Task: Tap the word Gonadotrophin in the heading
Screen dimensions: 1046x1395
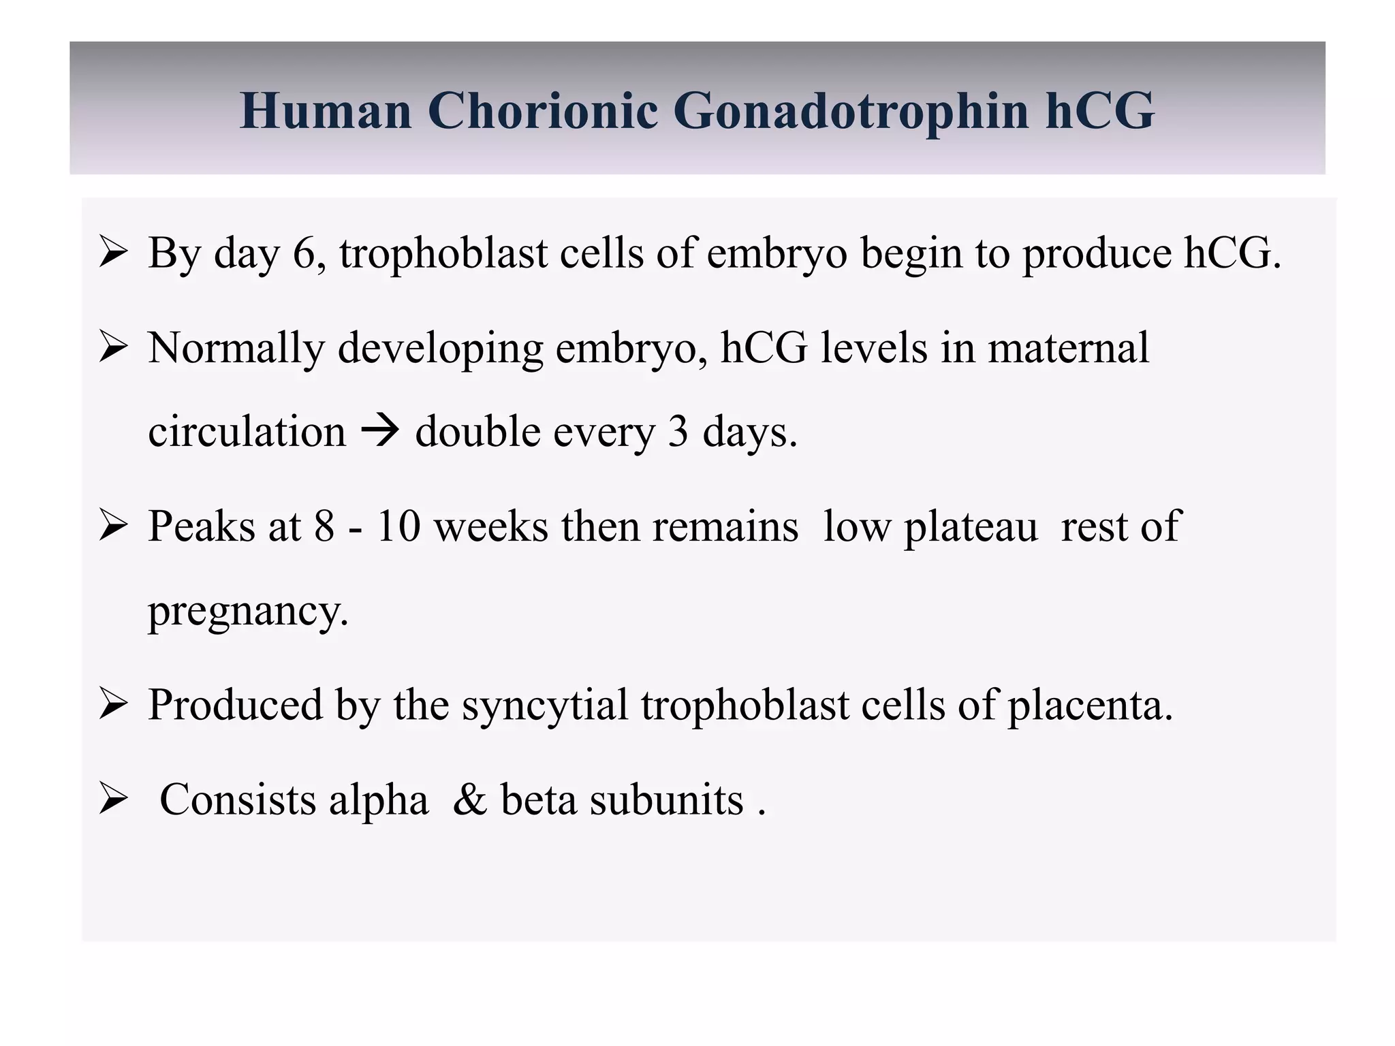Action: [851, 111]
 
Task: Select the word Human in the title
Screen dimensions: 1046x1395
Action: [326, 111]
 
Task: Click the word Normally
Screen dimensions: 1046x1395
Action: [236, 349]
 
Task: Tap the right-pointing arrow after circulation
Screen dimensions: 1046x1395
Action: [379, 432]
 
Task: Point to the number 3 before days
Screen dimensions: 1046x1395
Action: [677, 432]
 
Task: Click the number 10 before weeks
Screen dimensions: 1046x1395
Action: [398, 526]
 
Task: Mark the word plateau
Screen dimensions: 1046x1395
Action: [971, 528]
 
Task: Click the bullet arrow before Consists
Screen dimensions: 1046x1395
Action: [113, 799]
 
